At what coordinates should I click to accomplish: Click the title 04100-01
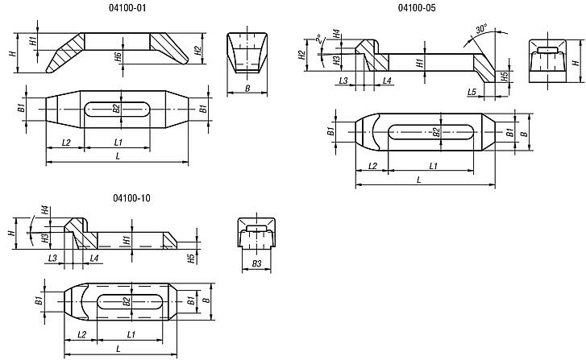point(127,8)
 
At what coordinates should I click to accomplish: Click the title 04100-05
point(417,8)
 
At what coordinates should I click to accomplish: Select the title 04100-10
point(131,198)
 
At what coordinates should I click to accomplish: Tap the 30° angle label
point(482,28)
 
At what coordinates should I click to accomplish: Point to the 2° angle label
point(318,39)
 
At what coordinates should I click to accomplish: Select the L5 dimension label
point(472,92)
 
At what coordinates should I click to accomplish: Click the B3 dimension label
point(256,263)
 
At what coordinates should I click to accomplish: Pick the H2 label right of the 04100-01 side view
point(198,51)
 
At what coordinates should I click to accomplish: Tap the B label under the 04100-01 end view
point(247,89)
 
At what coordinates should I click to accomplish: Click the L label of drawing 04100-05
point(419,180)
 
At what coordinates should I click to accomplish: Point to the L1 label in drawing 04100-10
point(131,334)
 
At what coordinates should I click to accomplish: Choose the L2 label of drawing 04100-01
point(66,143)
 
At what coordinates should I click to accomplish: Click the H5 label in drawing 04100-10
point(191,259)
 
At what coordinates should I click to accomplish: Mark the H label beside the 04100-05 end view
point(576,61)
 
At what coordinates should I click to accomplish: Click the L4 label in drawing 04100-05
point(387,81)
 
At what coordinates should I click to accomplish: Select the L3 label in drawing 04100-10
point(52,258)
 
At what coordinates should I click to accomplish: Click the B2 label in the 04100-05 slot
point(436,132)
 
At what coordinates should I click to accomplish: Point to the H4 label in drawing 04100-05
point(336,34)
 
